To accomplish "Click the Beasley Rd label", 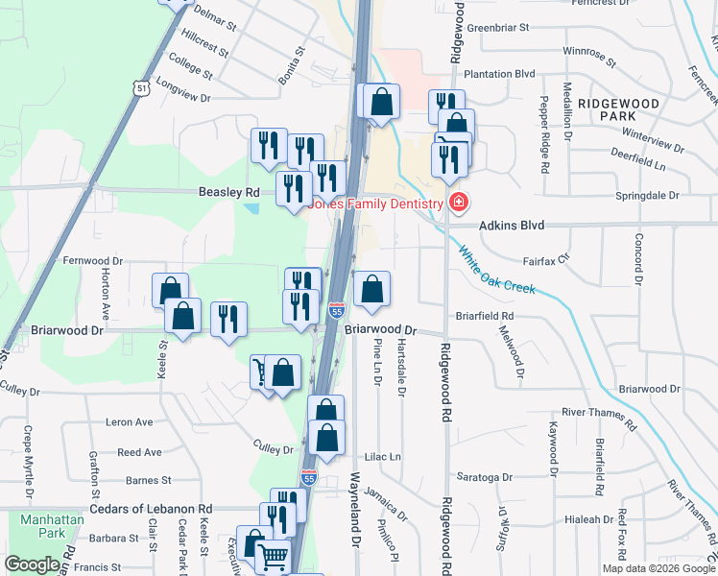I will point(223,192).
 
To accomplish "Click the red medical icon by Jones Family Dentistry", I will point(459,203).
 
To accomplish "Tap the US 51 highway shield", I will point(141,87).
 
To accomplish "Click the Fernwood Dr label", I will point(93,260).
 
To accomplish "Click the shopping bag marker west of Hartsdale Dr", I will point(372,288).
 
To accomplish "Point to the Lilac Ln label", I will point(382,457).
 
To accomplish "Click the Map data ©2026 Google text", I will point(658,568).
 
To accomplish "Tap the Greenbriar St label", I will point(498,28).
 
